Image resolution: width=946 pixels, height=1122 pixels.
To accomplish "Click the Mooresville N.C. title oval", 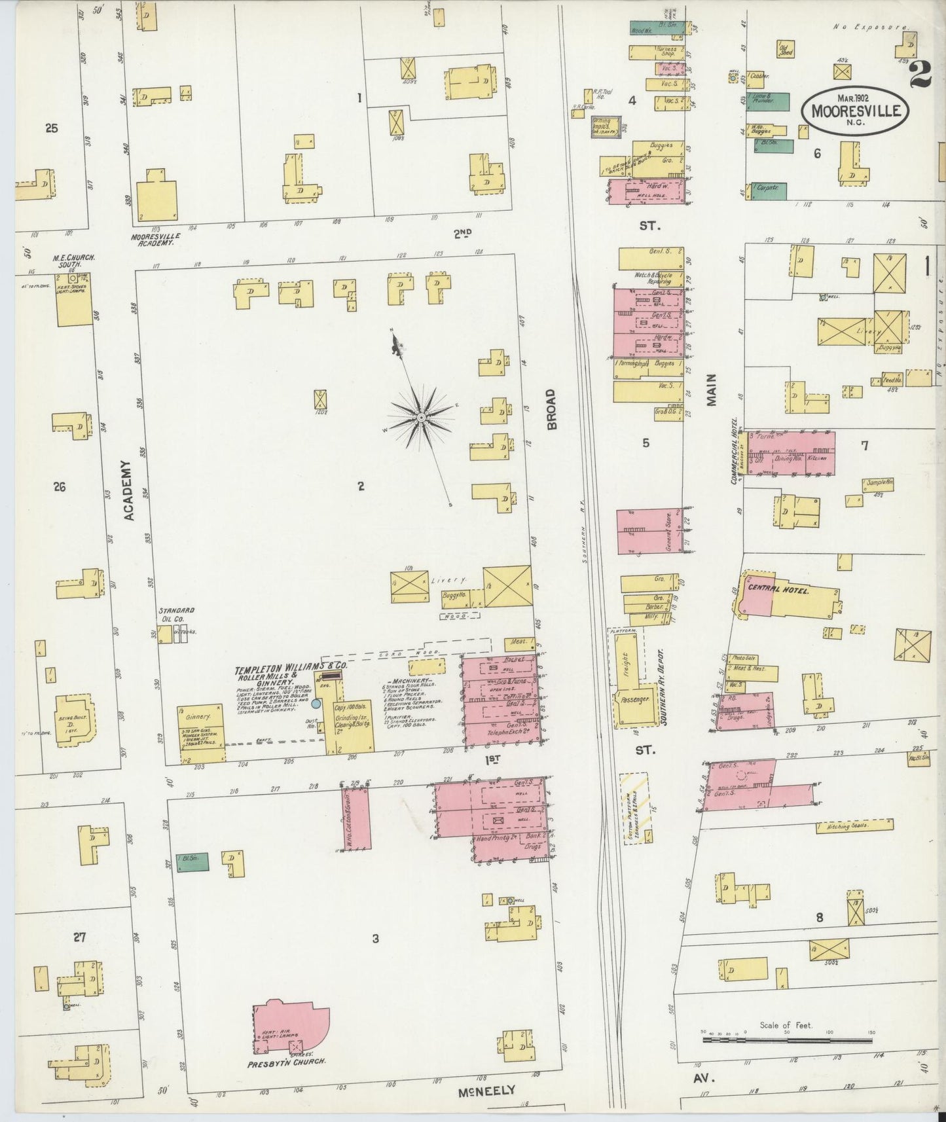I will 856,109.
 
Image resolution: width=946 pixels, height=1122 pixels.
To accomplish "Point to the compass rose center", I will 421,416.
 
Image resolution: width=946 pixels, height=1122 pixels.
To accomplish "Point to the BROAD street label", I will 551,409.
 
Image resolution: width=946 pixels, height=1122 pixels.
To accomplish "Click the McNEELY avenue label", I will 487,1090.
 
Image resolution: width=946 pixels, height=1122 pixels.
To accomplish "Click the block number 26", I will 60,487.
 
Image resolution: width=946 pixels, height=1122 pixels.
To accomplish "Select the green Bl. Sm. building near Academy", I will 193,862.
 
